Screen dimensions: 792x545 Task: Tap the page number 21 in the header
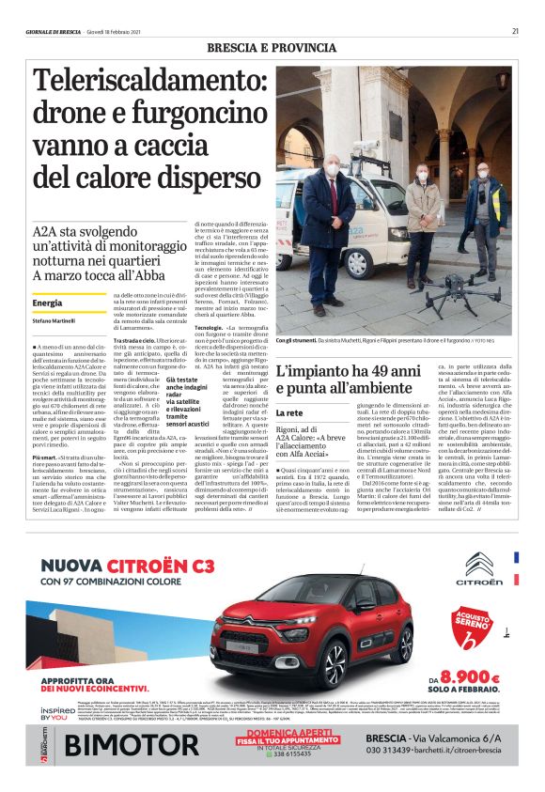[x=516, y=31]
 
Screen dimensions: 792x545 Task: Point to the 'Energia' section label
[x=48, y=303]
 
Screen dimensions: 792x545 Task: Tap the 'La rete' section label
[x=288, y=412]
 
